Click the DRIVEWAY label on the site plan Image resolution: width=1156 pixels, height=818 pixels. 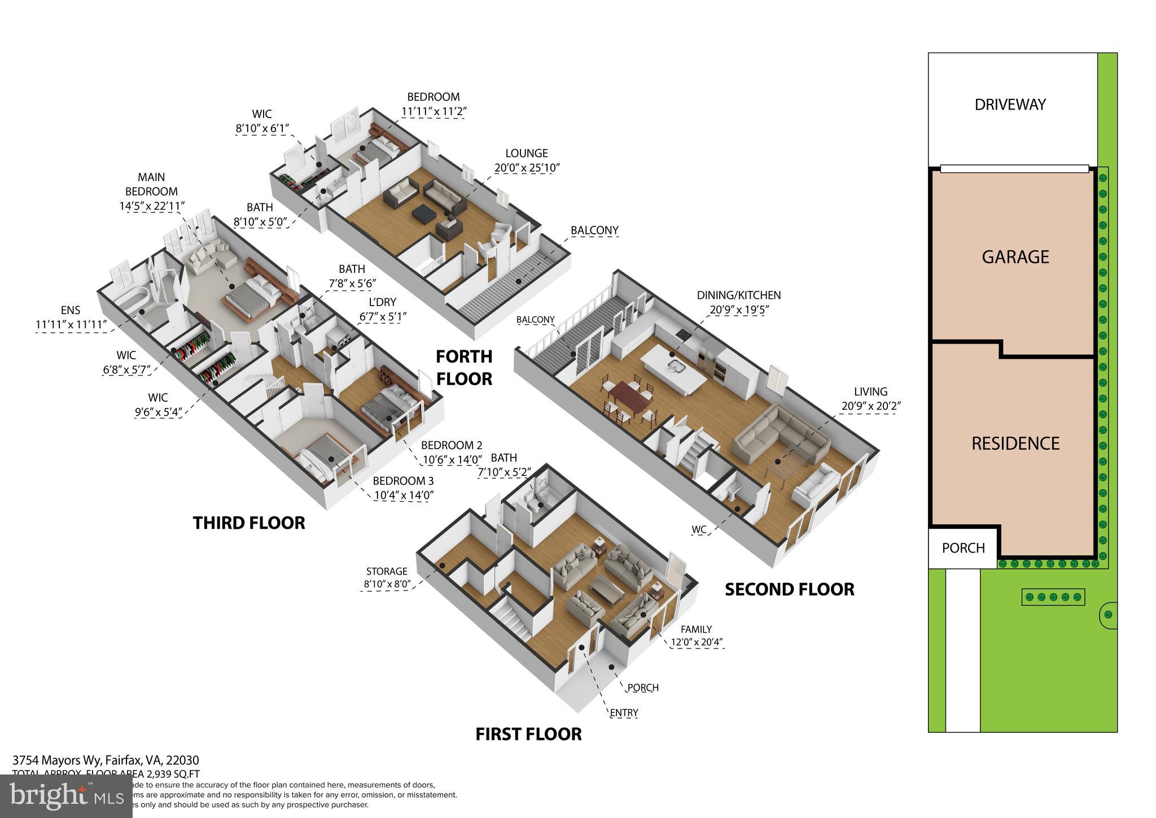1010,105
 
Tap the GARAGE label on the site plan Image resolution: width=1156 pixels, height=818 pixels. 1015,257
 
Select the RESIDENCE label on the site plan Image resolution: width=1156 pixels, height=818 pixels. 1015,443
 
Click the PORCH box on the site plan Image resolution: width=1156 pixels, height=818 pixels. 963,548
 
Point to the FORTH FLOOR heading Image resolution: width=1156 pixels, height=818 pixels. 464,367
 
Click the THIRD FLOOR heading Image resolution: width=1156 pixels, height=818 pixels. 249,523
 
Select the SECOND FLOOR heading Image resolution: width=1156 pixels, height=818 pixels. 789,590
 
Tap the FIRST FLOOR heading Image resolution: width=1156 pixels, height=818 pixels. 528,734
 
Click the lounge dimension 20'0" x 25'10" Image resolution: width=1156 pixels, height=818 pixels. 527,168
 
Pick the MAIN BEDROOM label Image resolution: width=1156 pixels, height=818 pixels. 151,185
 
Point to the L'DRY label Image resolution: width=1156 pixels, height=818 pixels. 382,302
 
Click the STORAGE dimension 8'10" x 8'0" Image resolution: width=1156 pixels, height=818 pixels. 387,584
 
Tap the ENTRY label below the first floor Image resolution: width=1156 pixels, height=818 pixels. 624,713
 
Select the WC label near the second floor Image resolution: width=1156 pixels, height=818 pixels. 699,530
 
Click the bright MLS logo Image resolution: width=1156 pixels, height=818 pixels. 66,797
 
